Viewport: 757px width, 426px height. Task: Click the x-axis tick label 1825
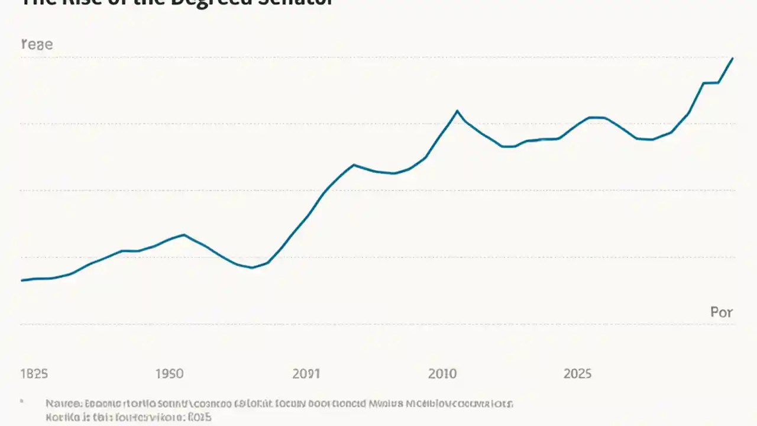click(34, 374)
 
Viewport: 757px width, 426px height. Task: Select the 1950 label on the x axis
click(169, 374)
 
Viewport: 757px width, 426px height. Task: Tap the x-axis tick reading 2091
click(306, 374)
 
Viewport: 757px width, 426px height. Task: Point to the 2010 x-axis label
click(442, 374)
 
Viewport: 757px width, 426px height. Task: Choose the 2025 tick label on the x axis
click(577, 374)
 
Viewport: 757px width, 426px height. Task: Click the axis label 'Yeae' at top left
click(37, 44)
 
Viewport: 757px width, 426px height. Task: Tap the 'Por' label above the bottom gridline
click(721, 312)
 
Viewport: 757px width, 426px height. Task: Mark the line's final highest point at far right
click(733, 58)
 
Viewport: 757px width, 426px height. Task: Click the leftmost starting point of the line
click(22, 280)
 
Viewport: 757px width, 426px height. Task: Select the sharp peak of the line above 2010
click(457, 111)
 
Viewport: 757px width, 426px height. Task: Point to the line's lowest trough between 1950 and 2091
click(252, 267)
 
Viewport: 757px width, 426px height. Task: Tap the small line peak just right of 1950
click(185, 234)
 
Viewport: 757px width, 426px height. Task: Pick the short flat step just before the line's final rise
click(710, 83)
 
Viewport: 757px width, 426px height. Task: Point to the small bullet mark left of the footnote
click(22, 402)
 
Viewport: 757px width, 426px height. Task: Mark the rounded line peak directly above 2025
click(596, 118)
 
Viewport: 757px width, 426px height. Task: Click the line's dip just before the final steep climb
click(651, 140)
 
